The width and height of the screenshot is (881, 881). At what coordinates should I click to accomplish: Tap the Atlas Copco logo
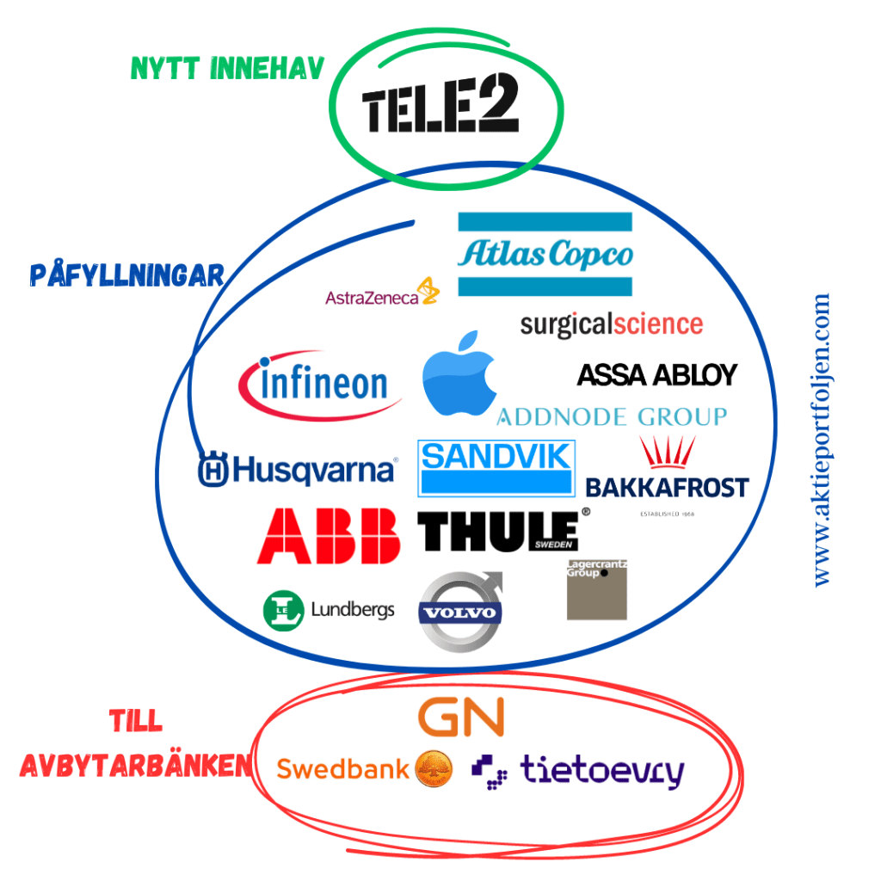(545, 255)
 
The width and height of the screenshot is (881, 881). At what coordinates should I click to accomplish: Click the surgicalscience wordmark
(611, 324)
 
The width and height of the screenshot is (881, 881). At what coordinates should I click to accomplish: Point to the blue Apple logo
(460, 375)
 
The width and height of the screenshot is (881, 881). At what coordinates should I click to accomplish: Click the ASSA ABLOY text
(657, 375)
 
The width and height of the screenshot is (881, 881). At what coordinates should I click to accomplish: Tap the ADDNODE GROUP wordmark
(612, 417)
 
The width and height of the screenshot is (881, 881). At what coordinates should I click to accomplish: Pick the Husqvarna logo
(298, 470)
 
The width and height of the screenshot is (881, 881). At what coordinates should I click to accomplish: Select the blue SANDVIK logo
(496, 468)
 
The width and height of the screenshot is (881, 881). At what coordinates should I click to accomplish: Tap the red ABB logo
(330, 535)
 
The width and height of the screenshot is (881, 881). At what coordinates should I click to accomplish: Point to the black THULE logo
(499, 531)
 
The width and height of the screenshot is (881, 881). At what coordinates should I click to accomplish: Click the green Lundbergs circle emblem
(283, 610)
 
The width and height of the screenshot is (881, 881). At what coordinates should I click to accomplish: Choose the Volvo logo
(459, 613)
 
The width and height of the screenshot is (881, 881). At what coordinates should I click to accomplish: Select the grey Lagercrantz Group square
(597, 589)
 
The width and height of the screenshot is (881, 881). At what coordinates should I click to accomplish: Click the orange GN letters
(460, 718)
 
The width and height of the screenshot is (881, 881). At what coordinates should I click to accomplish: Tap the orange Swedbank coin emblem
(434, 768)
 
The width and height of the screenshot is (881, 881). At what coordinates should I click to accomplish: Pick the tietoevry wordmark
(601, 771)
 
